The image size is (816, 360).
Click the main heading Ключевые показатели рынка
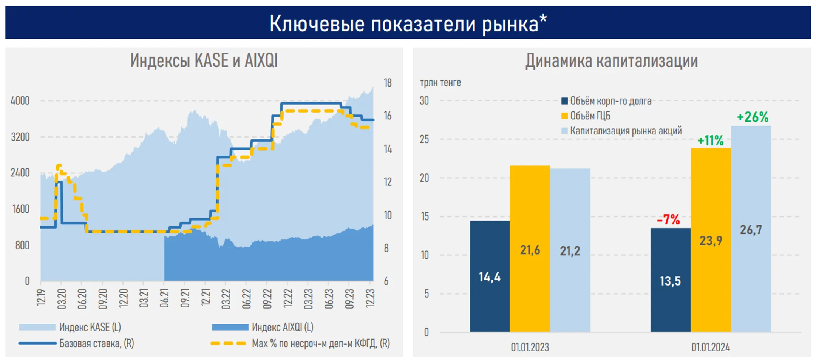click(408, 23)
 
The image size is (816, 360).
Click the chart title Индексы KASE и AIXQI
click(204, 60)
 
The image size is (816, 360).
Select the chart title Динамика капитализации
click(611, 61)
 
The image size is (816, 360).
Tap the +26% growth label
click(753, 117)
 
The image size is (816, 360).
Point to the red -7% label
click(668, 219)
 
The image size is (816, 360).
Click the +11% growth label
click(710, 141)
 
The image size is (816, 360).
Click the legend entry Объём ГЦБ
click(590, 116)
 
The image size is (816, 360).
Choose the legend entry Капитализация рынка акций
click(625, 131)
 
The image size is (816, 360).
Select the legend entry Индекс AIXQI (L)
click(282, 327)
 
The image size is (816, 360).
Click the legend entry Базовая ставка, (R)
click(96, 343)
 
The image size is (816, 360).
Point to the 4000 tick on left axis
click(20, 101)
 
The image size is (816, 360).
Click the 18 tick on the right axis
click(388, 83)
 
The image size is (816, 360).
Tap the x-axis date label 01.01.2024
click(710, 347)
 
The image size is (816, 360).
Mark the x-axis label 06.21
click(164, 298)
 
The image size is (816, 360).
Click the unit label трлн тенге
click(440, 82)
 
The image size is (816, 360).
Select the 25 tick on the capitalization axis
click(424, 139)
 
